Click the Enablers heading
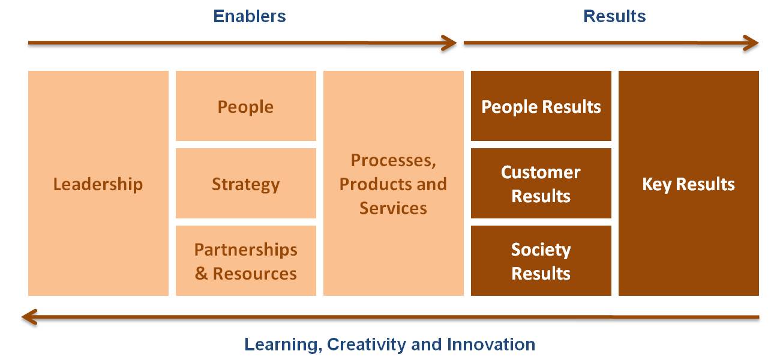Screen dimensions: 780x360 (250, 16)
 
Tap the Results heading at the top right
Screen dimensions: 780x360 (614, 16)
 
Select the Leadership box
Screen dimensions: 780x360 (98, 183)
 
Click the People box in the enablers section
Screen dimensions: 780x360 (246, 106)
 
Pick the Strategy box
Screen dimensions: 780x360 (246, 183)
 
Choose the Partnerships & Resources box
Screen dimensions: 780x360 (246, 260)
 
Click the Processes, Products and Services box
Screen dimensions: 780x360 (394, 183)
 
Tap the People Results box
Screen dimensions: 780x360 (541, 106)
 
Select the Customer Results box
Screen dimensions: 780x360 (541, 183)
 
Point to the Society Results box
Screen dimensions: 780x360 (541, 260)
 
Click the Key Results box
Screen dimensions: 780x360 (689, 183)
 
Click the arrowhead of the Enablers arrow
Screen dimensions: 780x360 (452, 43)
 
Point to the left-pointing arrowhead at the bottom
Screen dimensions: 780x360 (26, 317)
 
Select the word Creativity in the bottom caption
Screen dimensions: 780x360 (367, 345)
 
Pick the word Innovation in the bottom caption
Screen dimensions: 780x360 (491, 344)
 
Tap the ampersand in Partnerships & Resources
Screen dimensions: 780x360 (201, 274)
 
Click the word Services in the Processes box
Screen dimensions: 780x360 (393, 208)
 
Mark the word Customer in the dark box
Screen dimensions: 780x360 (541, 172)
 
